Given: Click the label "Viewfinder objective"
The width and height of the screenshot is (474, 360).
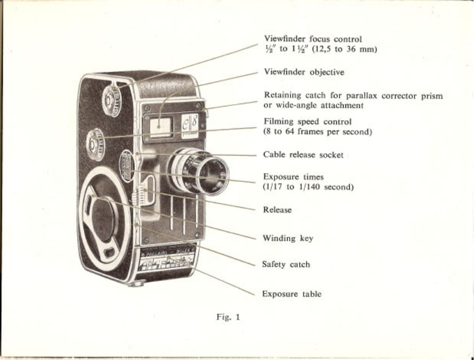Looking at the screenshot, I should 304,73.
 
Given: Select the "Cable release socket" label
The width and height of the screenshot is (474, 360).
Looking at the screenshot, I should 303,155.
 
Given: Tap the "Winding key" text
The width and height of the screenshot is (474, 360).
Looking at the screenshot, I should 288,238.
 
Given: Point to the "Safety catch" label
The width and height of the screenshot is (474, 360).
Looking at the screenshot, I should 286,264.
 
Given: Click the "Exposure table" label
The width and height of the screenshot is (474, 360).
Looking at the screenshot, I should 292,294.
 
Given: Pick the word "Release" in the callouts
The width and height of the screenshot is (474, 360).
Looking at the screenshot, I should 277,210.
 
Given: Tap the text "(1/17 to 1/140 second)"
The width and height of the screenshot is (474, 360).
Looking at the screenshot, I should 308,187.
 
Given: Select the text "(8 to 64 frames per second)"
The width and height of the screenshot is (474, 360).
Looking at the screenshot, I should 317,132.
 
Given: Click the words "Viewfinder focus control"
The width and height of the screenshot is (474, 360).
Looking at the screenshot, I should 313,39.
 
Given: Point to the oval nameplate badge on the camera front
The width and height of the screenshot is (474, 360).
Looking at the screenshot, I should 128,163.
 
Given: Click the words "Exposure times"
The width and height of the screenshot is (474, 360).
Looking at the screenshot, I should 293,177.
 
